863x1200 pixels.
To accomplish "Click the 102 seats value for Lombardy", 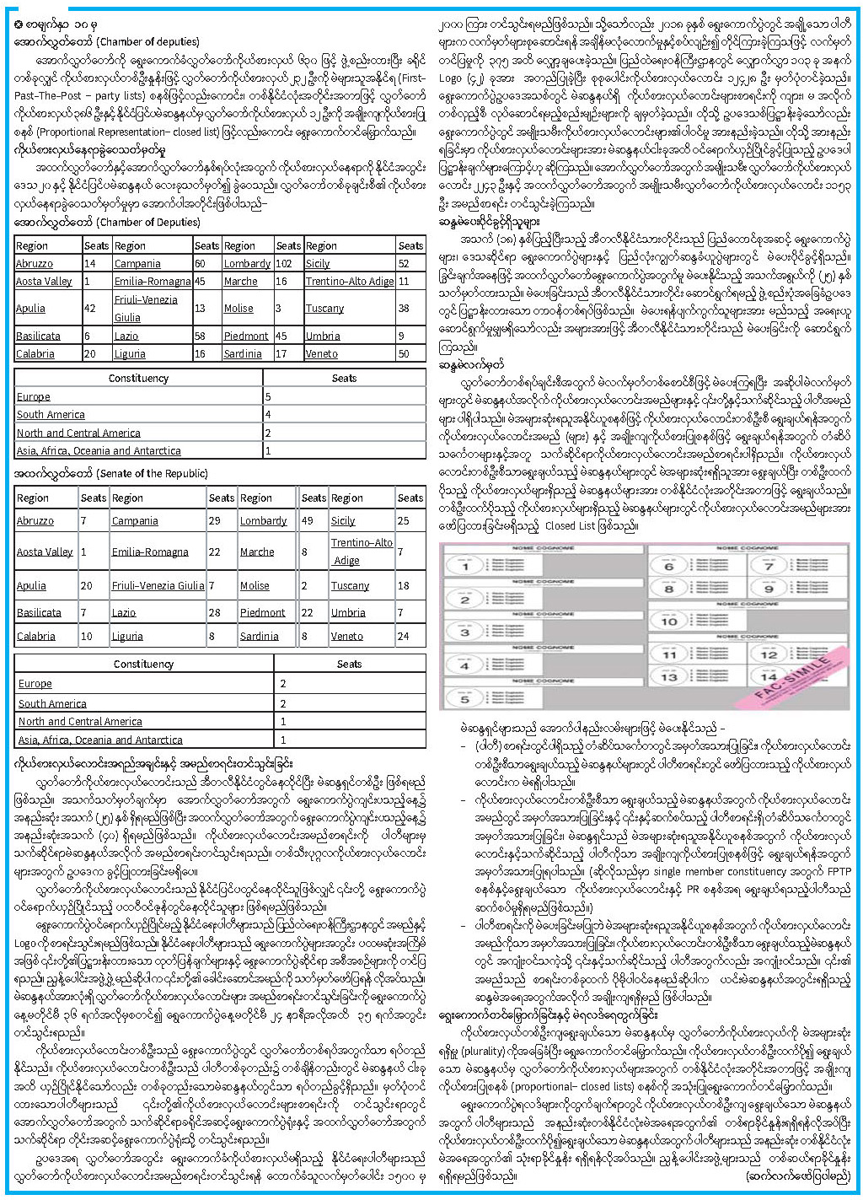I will point(284,263).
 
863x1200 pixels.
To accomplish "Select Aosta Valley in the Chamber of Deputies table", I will point(44,282).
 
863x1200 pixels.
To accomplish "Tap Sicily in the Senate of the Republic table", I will point(343,521).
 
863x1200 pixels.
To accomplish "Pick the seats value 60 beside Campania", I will point(201,263).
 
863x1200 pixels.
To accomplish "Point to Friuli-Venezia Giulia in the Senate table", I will point(158,586).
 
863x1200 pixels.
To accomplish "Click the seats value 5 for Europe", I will point(268,396).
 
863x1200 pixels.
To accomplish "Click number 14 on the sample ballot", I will point(768,677).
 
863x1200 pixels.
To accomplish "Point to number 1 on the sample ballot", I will point(464,567).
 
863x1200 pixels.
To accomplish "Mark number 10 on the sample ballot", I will point(670,622).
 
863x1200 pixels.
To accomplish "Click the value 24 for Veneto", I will point(403,637).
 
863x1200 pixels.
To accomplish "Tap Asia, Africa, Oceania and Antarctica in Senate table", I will point(100,740).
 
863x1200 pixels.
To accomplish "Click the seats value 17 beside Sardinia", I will point(282,354).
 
